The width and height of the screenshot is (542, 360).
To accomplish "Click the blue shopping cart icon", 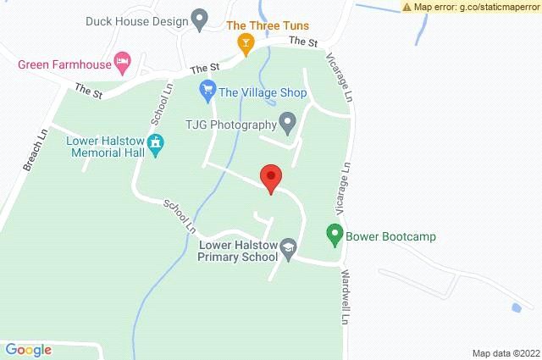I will point(207,88).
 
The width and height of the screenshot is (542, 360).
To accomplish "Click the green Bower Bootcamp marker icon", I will point(335,235).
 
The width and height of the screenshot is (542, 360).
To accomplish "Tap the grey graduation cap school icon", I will point(289,246).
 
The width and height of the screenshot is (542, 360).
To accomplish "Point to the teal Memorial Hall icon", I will point(155,145).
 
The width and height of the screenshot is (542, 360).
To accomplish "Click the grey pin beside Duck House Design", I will point(200,17).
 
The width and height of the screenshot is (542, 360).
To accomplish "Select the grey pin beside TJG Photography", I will point(288,124).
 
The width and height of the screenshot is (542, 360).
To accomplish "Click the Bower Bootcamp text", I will point(390,236).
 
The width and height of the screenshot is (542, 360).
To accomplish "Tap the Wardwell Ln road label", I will point(346,298).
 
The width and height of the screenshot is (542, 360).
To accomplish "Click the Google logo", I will point(29,349).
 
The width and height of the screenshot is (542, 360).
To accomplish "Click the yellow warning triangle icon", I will point(408,7).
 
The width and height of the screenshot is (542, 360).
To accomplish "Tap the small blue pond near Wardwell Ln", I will point(515,306).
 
